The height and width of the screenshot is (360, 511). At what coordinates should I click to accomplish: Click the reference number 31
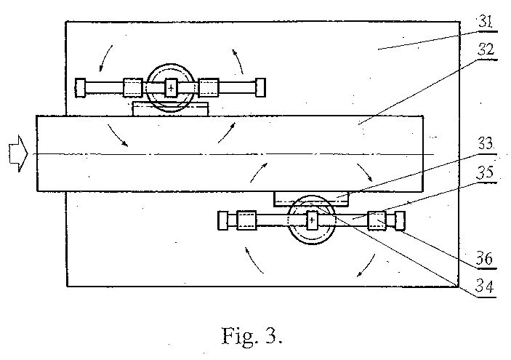(x=486, y=22)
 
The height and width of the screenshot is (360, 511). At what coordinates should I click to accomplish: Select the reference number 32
(x=486, y=49)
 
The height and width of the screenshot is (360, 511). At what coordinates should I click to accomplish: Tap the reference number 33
(x=486, y=144)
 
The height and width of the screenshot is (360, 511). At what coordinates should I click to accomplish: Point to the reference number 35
(x=485, y=172)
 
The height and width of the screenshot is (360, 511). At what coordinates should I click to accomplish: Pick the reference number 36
(x=485, y=259)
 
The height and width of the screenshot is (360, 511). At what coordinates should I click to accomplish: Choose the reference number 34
(x=485, y=287)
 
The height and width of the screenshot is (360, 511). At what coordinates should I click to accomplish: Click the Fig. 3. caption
(x=252, y=336)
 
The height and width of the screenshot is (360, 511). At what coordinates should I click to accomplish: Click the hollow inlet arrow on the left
(x=19, y=153)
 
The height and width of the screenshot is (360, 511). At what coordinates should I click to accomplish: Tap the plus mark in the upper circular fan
(x=171, y=88)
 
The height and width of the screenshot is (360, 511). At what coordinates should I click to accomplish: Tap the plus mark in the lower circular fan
(x=312, y=220)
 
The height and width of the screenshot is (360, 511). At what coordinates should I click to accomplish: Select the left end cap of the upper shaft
(x=80, y=88)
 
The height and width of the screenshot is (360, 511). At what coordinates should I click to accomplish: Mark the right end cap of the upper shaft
(x=260, y=88)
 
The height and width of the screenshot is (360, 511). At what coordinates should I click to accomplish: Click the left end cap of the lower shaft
(x=222, y=221)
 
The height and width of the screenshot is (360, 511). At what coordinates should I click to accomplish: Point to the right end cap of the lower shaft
(x=400, y=221)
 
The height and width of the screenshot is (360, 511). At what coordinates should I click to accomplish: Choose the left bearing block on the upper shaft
(x=133, y=88)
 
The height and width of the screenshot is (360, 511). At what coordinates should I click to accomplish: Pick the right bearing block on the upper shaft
(x=209, y=88)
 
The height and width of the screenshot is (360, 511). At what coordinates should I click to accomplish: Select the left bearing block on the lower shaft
(x=246, y=221)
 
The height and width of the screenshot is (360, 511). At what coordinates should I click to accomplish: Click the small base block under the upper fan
(x=170, y=109)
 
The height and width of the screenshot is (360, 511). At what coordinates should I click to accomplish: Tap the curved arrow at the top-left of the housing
(x=105, y=57)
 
